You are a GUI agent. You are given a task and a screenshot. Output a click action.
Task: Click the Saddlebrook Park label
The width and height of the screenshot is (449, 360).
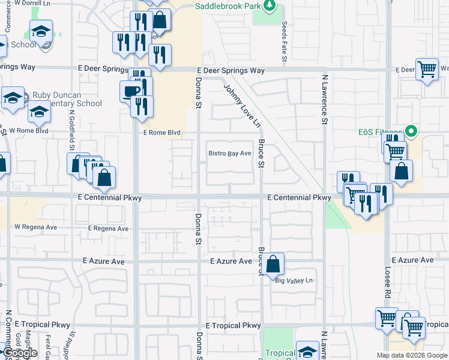pyautogui.click(x=229, y=6)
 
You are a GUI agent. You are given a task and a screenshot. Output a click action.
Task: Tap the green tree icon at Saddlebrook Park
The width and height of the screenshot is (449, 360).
pyautogui.click(x=270, y=6)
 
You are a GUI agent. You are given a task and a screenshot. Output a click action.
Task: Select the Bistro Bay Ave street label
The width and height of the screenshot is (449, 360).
pyautogui.click(x=229, y=154)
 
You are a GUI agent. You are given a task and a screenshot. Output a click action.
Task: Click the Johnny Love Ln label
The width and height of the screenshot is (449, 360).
pyautogui.click(x=243, y=106)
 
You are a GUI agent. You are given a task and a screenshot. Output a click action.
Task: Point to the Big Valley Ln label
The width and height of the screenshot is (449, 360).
pyautogui.click(x=294, y=280)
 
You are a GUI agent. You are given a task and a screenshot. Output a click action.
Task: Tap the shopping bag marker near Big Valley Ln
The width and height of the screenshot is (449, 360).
pyautogui.click(x=273, y=263)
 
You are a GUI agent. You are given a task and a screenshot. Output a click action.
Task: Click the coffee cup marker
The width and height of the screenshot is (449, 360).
pyautogui.click(x=131, y=91)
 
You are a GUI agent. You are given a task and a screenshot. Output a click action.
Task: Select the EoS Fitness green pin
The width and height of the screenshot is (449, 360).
pyautogui.click(x=411, y=130)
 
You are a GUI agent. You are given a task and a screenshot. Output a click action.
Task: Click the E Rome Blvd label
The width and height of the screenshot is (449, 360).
pyautogui.click(x=161, y=133)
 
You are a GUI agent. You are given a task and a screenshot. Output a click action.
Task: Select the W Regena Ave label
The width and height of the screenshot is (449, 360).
pyautogui.click(x=35, y=227)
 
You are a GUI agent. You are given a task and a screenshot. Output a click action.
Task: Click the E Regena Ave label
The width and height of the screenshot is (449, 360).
pyautogui.click(x=108, y=229)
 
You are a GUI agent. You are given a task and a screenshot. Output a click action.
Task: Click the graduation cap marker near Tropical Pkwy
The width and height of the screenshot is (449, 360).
pyautogui.click(x=308, y=352)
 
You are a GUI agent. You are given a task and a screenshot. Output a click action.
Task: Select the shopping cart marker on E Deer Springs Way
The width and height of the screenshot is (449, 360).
pyautogui.click(x=427, y=70)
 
